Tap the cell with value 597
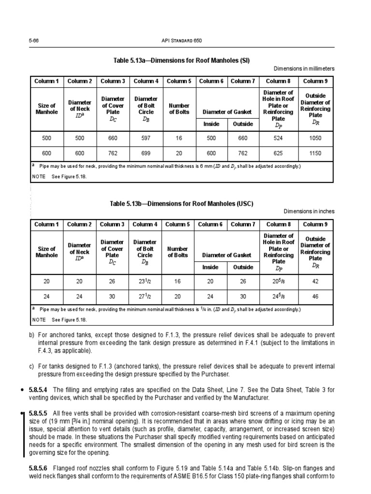145,138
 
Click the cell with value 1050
315,138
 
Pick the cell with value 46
315,296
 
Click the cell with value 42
315,282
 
